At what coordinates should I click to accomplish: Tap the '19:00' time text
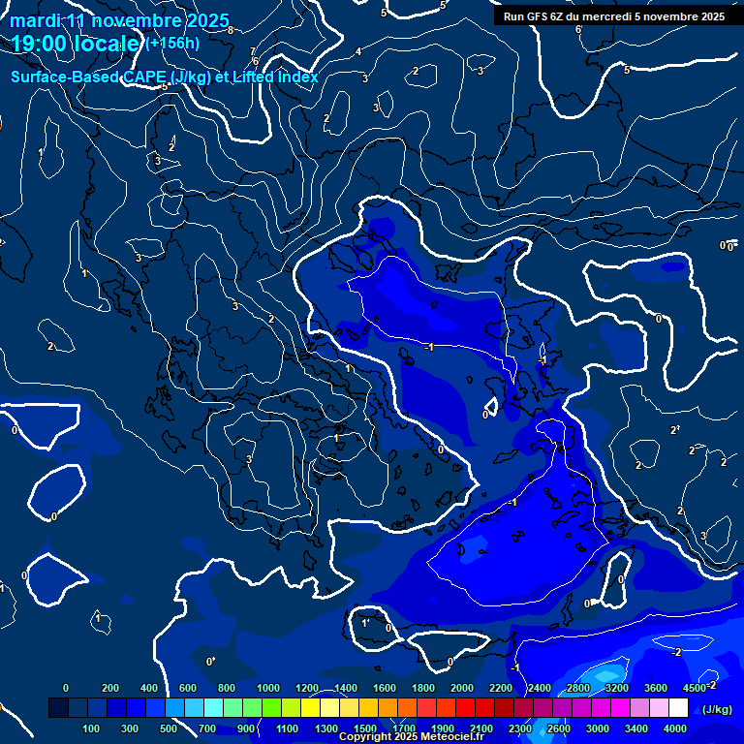40,44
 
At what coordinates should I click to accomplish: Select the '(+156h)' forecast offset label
173,44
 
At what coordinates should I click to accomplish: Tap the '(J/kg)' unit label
717,710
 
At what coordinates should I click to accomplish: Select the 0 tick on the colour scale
66,688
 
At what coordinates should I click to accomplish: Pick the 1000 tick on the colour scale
267,688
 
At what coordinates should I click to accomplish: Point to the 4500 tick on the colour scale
694,688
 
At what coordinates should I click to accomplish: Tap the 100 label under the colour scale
92,728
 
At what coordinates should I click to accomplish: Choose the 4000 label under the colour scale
675,728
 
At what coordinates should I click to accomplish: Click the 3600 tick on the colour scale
655,688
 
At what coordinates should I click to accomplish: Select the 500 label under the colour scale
170,728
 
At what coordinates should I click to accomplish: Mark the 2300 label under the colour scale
519,728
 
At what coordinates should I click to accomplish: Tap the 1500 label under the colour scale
364,728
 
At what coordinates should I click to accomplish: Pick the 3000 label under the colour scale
598,728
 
